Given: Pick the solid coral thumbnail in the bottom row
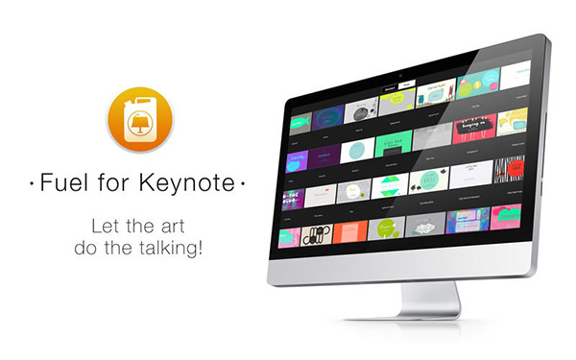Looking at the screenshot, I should tap(349, 232).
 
